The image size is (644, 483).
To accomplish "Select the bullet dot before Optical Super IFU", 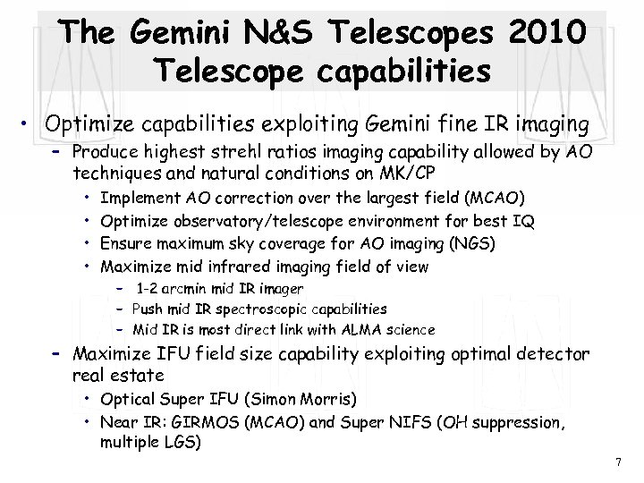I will click(x=90, y=397).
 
